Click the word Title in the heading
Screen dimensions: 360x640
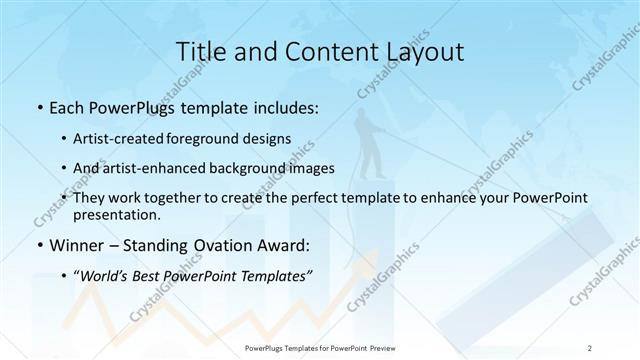tap(197, 51)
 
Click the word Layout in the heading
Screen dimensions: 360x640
tap(421, 51)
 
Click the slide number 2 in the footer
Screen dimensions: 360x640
tap(591, 348)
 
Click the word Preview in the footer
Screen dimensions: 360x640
tap(381, 348)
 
